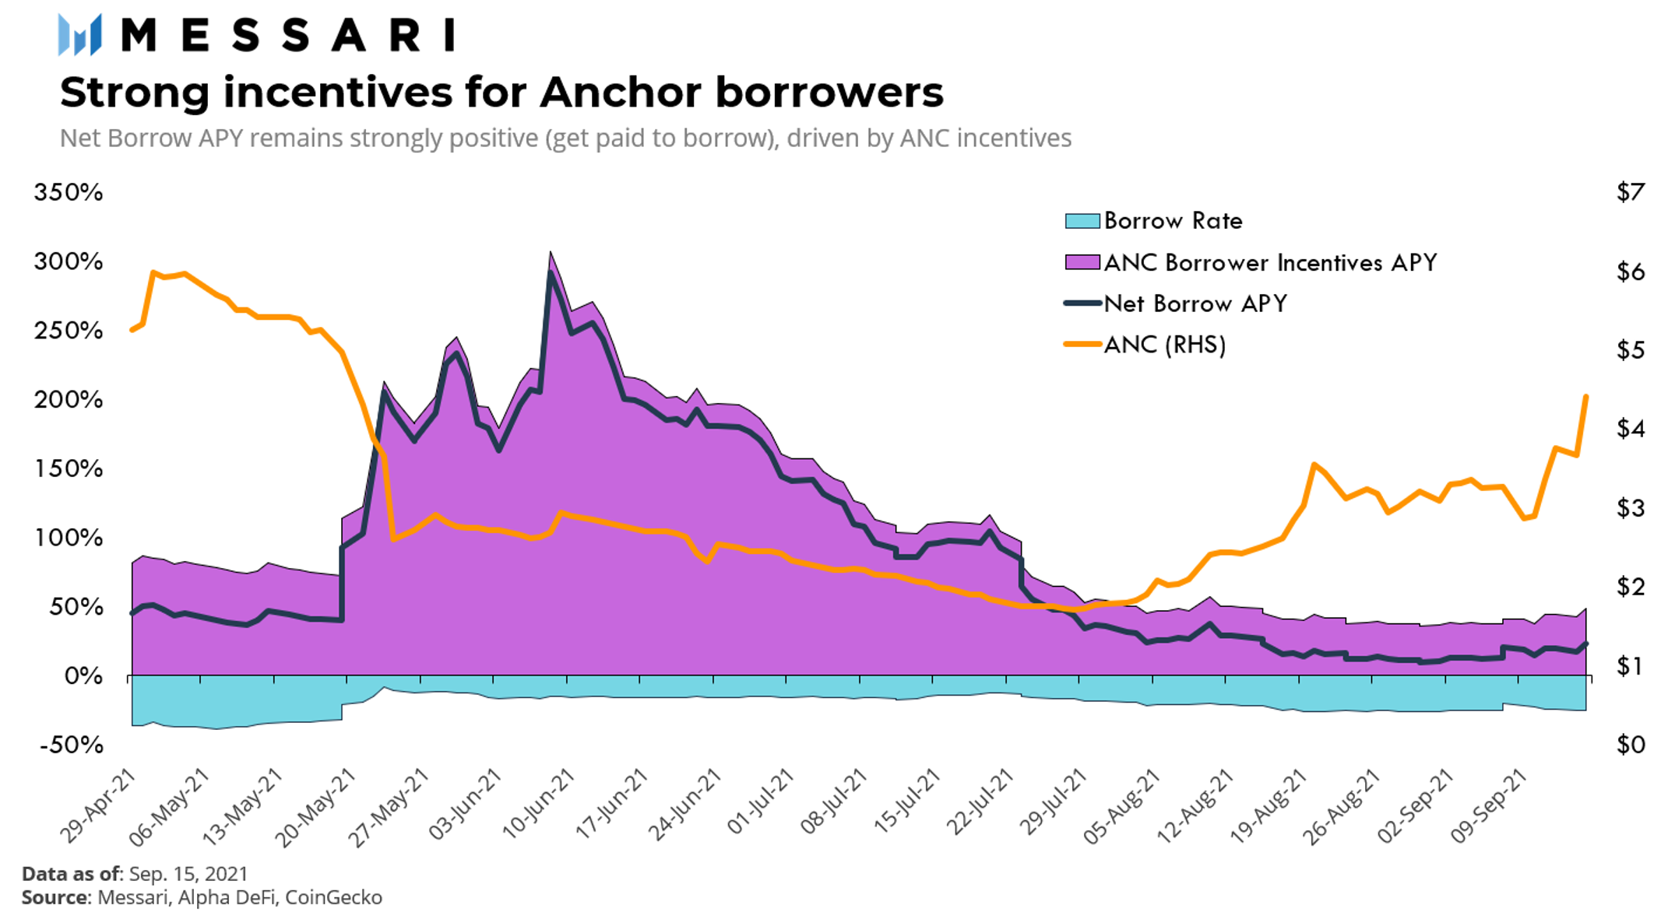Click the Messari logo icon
click(x=79, y=35)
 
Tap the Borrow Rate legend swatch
click(x=1082, y=221)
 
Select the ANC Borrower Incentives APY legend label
click(x=1269, y=262)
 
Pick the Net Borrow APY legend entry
click(x=1195, y=303)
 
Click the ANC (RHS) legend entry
click(x=1164, y=345)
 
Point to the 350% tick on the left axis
click(x=68, y=192)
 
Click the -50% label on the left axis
click(x=71, y=745)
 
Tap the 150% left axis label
click(x=68, y=468)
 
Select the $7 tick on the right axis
click(x=1631, y=192)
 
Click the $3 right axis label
click(x=1631, y=508)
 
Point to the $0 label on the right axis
click(x=1631, y=745)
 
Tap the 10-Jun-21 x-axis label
click(x=538, y=805)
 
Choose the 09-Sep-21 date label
click(x=1488, y=806)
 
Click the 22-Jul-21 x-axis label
click(x=977, y=805)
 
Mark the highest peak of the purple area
click(x=550, y=253)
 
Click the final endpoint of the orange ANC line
click(x=1586, y=397)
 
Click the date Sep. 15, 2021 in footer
click(x=188, y=874)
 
